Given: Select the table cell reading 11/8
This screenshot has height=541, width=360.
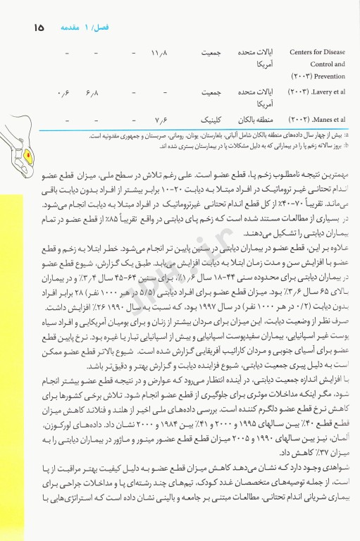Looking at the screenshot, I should point(160,54).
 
